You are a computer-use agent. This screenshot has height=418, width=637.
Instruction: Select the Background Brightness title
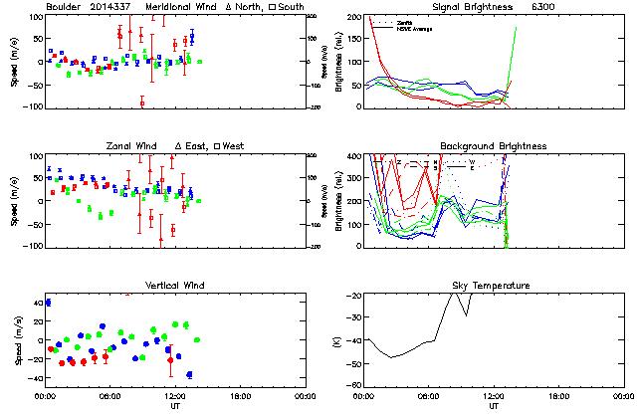[x=494, y=146]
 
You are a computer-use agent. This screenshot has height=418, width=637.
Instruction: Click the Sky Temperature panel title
[x=494, y=286]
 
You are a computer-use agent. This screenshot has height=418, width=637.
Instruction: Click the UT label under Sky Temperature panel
[x=494, y=406]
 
